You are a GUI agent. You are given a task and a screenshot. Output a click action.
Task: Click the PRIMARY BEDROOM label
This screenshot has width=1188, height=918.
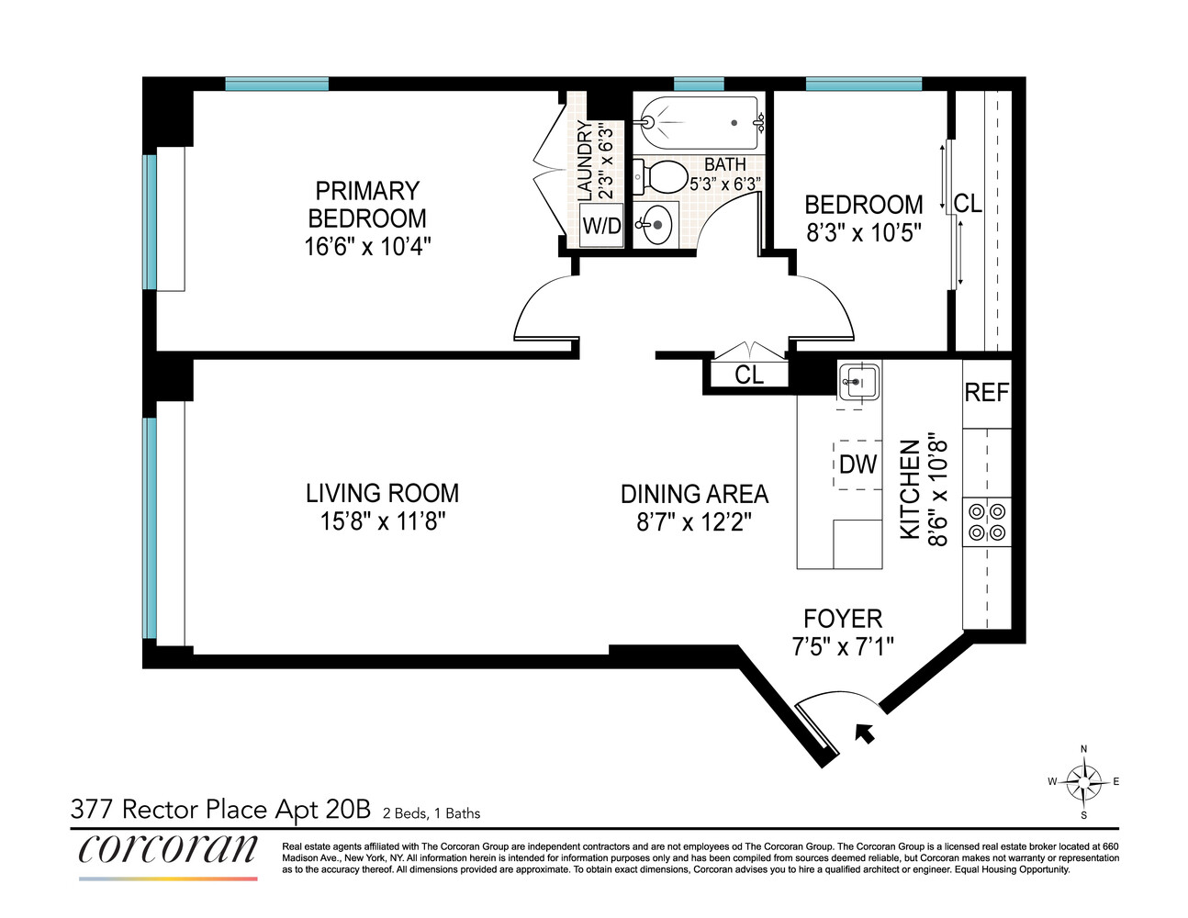pos(367,205)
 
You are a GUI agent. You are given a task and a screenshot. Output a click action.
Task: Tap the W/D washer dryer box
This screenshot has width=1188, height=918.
pos(601,225)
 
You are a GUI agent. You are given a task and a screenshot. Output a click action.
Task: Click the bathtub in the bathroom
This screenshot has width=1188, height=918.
pos(700,122)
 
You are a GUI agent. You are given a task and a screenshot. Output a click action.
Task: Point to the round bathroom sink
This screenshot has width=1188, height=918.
pos(656,224)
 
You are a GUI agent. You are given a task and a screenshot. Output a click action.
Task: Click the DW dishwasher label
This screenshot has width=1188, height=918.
pos(857,465)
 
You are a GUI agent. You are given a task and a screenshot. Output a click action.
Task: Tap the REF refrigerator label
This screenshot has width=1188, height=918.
pos(986,393)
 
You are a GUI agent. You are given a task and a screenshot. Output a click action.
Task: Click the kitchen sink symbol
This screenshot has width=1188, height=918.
pos(858,381)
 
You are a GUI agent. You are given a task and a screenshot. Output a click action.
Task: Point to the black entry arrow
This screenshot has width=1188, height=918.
pos(863,733)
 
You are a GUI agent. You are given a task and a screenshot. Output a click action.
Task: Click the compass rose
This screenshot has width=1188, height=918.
pos(1084,782)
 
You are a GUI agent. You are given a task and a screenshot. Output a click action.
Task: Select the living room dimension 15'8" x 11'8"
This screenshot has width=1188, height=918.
pos(382,521)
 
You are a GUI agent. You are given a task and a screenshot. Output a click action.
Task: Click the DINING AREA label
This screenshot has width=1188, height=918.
pos(694,495)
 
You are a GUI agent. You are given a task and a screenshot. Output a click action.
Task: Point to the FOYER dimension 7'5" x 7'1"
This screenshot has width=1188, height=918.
pos(842,646)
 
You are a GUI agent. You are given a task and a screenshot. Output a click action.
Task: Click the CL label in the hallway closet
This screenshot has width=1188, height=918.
pos(749,375)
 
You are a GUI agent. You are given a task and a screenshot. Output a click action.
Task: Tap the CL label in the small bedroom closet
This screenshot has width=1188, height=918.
pos(968,203)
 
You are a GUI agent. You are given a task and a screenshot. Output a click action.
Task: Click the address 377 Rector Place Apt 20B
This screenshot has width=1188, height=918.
pos(220,809)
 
